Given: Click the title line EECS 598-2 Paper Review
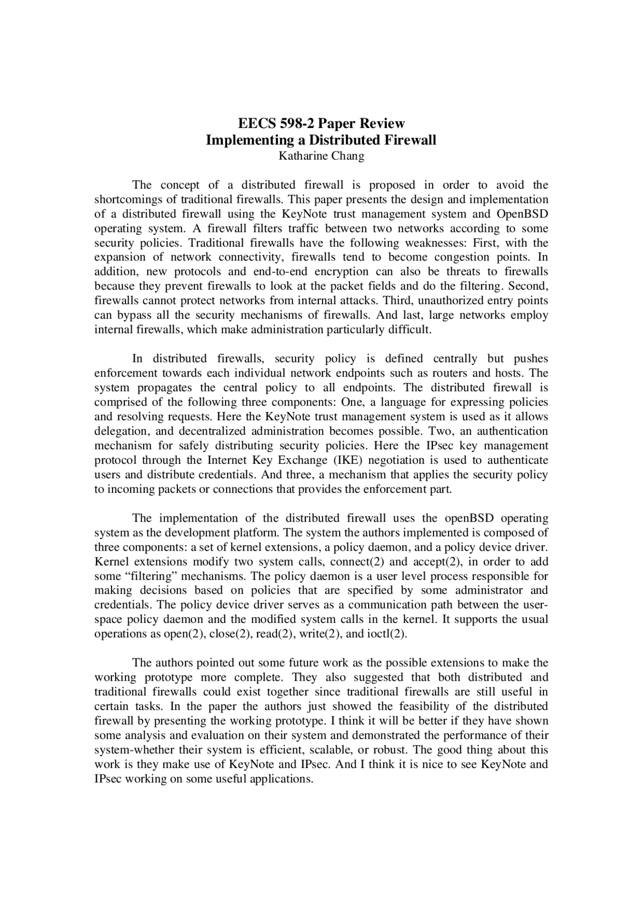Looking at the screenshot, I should coord(321,123).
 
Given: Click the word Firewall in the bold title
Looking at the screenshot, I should coord(410,140).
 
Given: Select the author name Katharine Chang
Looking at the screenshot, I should coord(321,156).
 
